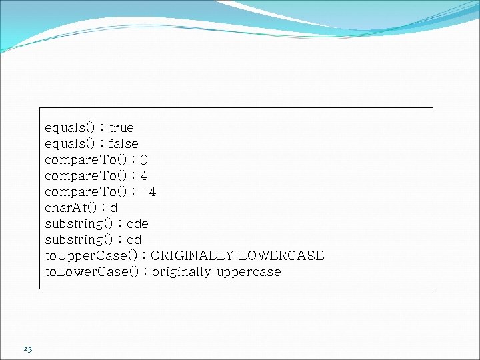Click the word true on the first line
(x=121, y=127)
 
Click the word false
(x=123, y=143)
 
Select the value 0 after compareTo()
(x=145, y=160)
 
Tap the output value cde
(x=137, y=224)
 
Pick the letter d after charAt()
(x=114, y=208)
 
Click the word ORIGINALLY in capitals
(x=193, y=256)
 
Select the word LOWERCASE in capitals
(x=281, y=256)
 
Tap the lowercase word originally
(x=182, y=272)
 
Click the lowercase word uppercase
(x=249, y=272)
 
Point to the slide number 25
(x=27, y=349)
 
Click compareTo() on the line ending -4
(x=85, y=192)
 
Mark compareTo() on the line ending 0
(x=85, y=160)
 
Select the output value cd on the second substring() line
(x=133, y=240)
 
